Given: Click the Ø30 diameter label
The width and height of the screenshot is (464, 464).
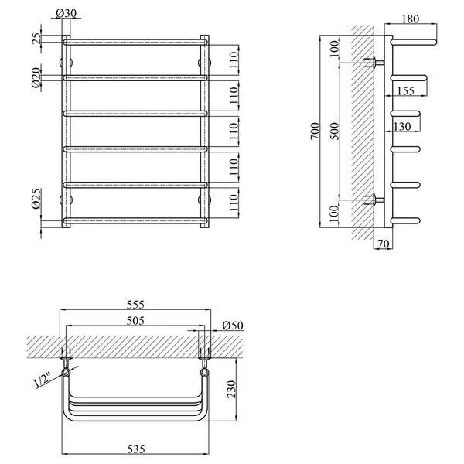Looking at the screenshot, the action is (x=66, y=13).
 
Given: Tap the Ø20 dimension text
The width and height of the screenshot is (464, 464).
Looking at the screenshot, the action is (x=36, y=77).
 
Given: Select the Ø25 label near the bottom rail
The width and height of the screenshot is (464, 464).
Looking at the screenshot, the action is (x=36, y=199).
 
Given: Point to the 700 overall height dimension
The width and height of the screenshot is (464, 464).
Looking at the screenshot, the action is (x=316, y=131).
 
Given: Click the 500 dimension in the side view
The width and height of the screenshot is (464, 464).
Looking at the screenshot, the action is (x=334, y=131).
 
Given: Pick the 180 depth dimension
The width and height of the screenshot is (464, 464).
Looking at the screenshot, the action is (x=411, y=19).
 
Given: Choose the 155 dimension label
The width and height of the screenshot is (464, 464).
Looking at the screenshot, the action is (x=405, y=90).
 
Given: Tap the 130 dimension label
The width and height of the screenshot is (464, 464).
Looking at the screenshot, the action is (x=402, y=126).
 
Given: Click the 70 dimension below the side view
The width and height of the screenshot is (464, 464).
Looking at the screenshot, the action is (x=384, y=244).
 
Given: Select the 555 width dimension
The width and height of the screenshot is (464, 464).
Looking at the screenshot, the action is (x=135, y=305).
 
